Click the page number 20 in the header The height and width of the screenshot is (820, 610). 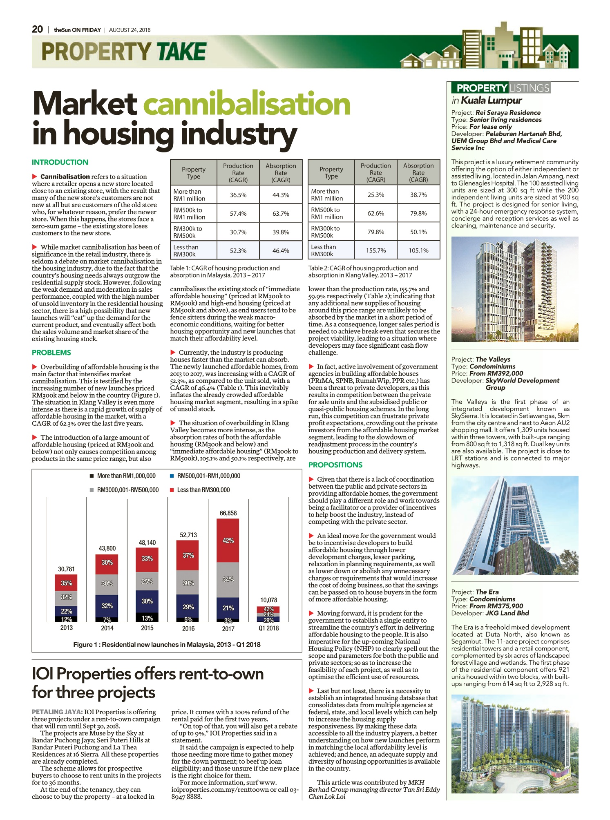click(x=37, y=29)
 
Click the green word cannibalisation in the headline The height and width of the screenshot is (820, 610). click(x=247, y=104)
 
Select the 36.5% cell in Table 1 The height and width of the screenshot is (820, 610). click(x=238, y=195)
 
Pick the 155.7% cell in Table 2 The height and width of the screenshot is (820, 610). click(x=376, y=250)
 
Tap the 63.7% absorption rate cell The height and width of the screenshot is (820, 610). click(x=281, y=214)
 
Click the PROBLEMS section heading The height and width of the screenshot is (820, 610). click(x=51, y=353)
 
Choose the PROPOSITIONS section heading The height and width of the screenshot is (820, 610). click(x=335, y=465)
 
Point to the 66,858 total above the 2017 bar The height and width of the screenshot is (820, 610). click(x=228, y=513)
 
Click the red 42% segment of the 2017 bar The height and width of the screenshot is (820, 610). click(x=228, y=541)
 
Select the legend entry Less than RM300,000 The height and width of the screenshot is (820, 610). click(x=200, y=490)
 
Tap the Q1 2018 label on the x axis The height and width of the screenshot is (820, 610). click(x=269, y=628)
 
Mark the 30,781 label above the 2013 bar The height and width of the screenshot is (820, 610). click(x=67, y=569)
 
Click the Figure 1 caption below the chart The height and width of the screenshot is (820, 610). click(x=167, y=644)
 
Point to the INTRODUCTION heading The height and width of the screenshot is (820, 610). click(x=60, y=162)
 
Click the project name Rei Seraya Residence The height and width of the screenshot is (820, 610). click(x=508, y=112)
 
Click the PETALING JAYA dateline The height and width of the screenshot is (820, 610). click(x=58, y=712)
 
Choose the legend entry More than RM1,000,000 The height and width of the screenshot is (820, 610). click(x=123, y=476)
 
